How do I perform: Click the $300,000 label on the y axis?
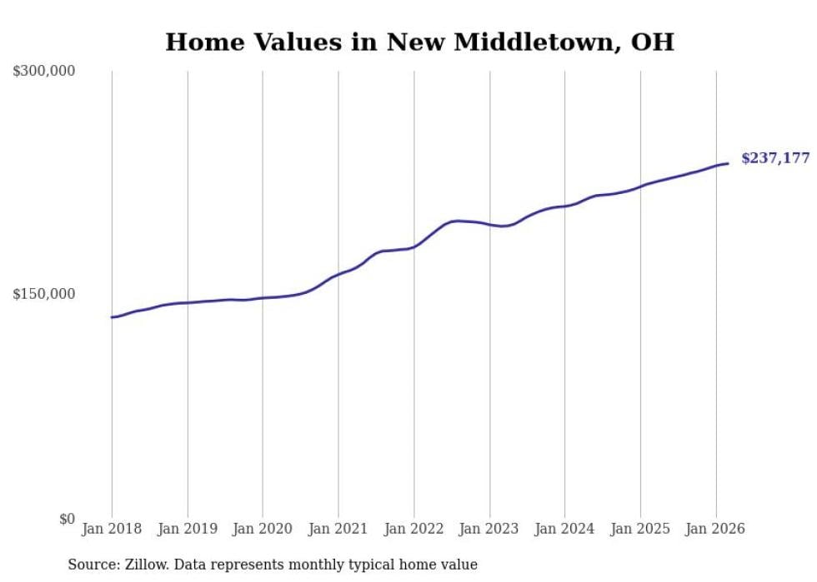point(44,72)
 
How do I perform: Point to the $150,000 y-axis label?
point(44,295)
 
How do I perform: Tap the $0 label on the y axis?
point(67,520)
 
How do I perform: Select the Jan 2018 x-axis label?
point(112,529)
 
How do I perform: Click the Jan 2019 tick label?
point(188,529)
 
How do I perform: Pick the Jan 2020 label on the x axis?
point(263,529)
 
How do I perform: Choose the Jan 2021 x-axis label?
point(338,529)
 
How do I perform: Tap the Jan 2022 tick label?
point(414,529)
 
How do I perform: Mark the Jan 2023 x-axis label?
point(489,529)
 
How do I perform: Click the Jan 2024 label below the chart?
point(564,529)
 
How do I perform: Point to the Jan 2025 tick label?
point(640,529)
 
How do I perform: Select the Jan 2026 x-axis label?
point(715,529)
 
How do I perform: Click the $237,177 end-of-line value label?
point(775,158)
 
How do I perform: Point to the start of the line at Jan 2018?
point(113,317)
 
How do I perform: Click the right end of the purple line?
point(728,163)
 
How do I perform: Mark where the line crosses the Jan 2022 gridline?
point(414,247)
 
